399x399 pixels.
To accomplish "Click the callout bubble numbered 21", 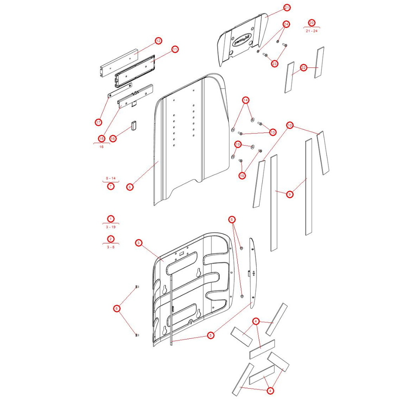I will [287, 8].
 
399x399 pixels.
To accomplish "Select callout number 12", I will [158, 41].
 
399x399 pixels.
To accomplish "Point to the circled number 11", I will [175, 49].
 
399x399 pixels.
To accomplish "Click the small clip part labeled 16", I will [134, 125].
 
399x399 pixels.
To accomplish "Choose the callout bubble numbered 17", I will [99, 122].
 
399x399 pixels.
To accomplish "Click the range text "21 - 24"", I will [312, 31].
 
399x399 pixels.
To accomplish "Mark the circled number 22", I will [304, 68].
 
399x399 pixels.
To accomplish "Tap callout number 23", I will [275, 63].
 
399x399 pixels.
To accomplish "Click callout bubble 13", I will [273, 132].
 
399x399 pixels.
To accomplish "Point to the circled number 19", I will [238, 144].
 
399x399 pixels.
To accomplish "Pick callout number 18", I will [242, 176].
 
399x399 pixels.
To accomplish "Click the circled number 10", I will [290, 125].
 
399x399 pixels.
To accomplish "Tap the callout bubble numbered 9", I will [290, 194].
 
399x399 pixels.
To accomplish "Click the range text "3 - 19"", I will [111, 227].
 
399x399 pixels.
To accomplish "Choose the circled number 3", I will [138, 243].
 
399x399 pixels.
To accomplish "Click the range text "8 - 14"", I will [111, 178].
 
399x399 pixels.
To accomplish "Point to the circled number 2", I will [111, 239].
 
